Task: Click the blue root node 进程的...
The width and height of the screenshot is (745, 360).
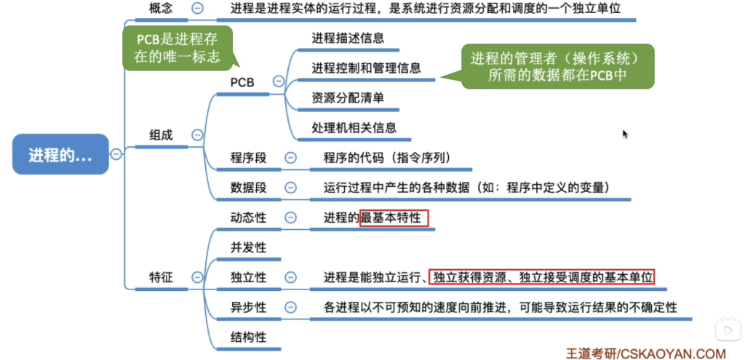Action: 60,154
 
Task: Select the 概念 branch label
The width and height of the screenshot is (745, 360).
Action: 161,8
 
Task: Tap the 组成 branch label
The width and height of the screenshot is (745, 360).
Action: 161,135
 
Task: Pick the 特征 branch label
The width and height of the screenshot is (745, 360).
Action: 161,277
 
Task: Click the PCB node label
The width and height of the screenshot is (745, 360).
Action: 242,83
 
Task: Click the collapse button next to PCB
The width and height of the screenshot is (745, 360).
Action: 279,81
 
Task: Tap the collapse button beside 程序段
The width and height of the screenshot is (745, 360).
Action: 290,158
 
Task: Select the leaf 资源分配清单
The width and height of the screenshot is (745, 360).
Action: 348,98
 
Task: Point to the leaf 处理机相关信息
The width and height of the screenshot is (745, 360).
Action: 354,128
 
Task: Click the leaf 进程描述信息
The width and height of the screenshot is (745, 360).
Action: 348,38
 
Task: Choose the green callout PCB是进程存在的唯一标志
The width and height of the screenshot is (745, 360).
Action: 178,48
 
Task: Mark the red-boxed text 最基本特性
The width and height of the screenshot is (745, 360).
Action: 394,218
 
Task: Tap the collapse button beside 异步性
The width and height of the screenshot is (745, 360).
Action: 290,308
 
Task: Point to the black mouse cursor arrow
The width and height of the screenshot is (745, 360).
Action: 625,134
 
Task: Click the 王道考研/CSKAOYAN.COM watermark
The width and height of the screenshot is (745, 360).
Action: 646,353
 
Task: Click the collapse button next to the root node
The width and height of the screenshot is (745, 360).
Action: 116,154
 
